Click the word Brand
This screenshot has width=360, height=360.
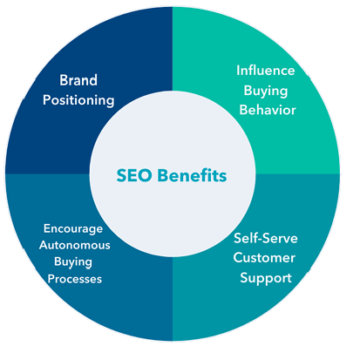pos(78,80)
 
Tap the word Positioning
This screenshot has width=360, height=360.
pos(78,100)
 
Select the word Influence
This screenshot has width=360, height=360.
pos(266,71)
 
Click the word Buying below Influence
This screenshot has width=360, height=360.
pos(266,91)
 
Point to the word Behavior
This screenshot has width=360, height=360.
pos(268,110)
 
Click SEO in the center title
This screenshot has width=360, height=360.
pos(134,175)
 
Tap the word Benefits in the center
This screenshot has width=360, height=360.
pos(192,175)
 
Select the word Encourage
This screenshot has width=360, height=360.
pos(73,229)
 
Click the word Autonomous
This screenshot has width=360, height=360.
pos(75,245)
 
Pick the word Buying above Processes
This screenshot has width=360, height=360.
pos(73,262)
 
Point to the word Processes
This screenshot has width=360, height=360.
pos(75,279)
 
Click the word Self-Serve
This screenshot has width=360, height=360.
pos(266,238)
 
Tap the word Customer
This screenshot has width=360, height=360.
pos(264,258)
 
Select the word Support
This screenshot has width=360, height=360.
pos(266,278)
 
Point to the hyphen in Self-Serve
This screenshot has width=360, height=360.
pos(261,240)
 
